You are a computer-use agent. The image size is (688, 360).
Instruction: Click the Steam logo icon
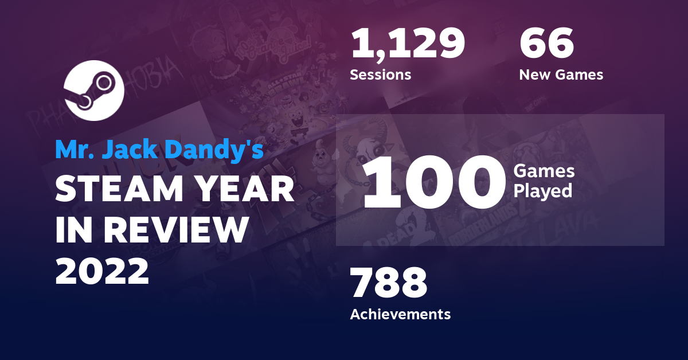click(x=93, y=90)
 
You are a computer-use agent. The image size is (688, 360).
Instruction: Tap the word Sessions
click(x=380, y=75)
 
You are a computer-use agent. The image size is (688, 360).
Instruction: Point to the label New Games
click(x=561, y=75)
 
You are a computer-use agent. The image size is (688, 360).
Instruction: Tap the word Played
click(x=542, y=191)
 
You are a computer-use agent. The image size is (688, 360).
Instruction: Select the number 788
click(x=389, y=283)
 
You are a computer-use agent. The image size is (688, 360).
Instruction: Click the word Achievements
click(x=400, y=314)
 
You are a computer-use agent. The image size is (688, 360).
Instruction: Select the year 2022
click(x=102, y=271)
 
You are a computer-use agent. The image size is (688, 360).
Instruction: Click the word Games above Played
click(x=544, y=171)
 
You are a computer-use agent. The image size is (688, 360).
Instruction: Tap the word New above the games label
click(x=536, y=75)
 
